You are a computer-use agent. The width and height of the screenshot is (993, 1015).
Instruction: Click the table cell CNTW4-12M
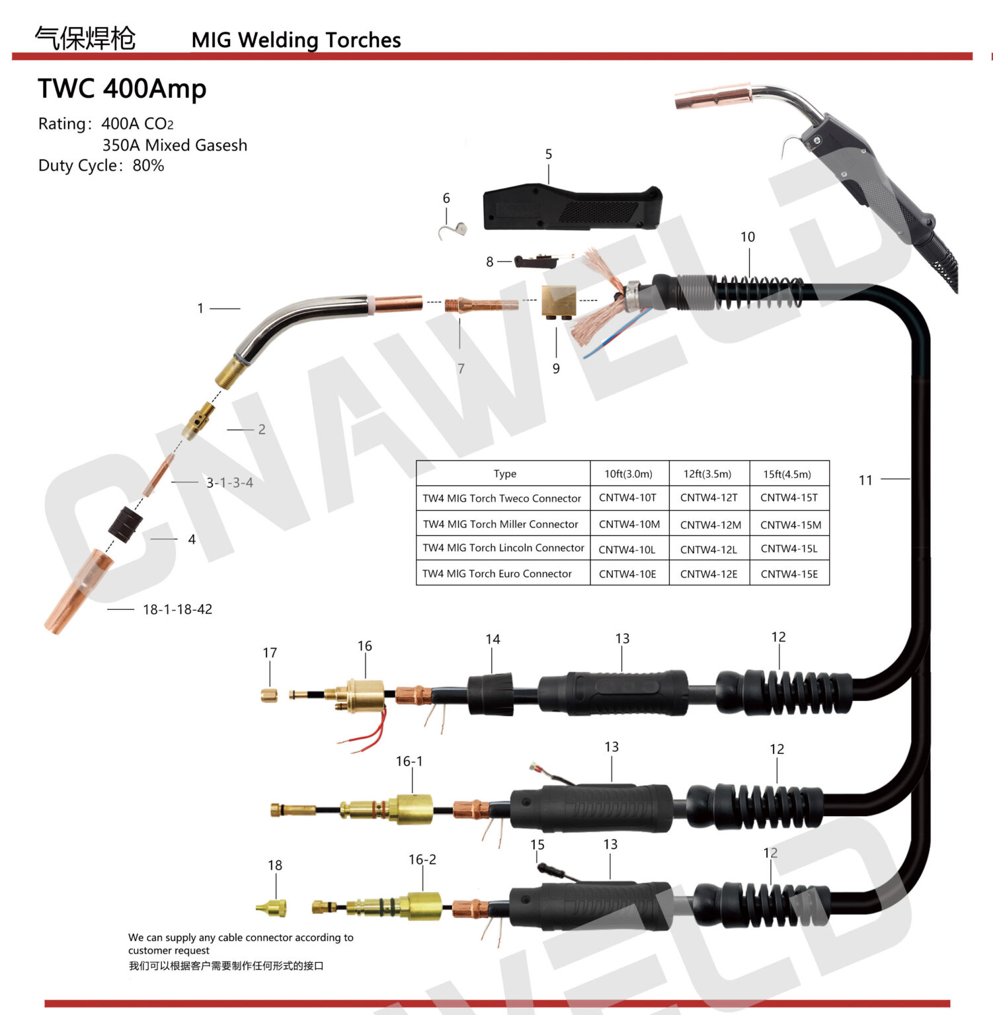[x=710, y=525]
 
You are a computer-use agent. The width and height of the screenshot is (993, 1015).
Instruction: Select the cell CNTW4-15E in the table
[x=789, y=574]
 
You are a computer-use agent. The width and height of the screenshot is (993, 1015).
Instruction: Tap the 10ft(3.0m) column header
[x=628, y=474]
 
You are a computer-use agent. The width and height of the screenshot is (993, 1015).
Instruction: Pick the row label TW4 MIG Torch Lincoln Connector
[x=503, y=548]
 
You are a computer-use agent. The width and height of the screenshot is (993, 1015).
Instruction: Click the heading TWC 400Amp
[x=122, y=89]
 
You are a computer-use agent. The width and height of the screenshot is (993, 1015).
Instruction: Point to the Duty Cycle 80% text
[x=101, y=165]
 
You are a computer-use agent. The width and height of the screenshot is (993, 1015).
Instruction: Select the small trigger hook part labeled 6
[x=454, y=229]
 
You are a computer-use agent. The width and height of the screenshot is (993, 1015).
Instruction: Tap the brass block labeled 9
[x=559, y=301]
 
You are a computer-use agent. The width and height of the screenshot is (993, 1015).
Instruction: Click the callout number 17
[x=270, y=653]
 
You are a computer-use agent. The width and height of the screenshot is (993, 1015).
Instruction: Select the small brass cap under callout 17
[x=269, y=695]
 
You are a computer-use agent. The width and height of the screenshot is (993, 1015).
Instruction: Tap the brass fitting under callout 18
[x=272, y=908]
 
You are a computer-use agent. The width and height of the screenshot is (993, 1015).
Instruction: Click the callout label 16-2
[x=422, y=860]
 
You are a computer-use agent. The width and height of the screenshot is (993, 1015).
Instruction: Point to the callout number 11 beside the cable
[x=865, y=480]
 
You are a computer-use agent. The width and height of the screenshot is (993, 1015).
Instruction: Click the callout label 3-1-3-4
[x=229, y=483]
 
